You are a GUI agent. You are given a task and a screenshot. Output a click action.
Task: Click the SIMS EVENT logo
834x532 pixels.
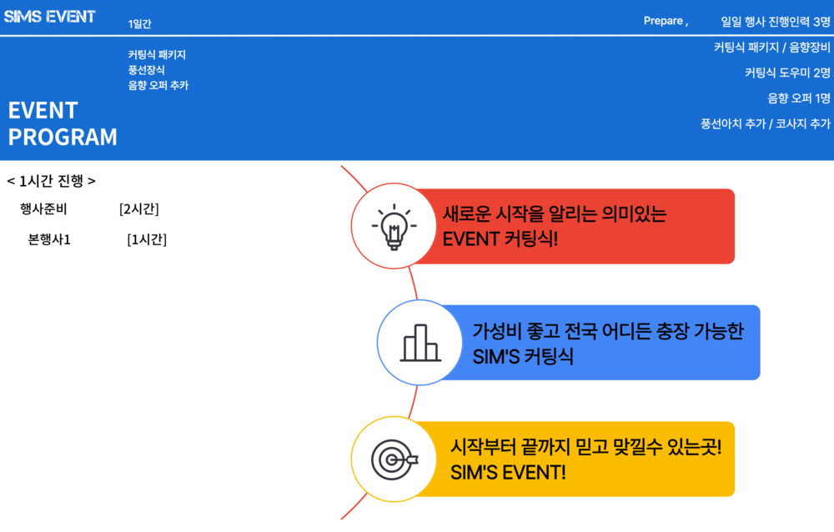[49, 17]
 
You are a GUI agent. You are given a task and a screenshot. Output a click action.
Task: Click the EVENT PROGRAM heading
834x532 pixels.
[63, 123]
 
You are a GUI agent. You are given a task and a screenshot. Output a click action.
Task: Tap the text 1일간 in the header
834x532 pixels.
[139, 23]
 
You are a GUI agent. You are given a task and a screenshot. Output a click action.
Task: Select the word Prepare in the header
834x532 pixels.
[663, 21]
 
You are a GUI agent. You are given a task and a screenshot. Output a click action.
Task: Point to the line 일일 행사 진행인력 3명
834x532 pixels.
[776, 22]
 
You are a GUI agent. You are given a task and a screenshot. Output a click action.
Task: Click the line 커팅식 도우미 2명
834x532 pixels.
[787, 73]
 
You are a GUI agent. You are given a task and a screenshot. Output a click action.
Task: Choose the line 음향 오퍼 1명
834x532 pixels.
[799, 98]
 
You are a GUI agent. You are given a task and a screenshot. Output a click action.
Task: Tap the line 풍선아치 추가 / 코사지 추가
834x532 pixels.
[766, 123]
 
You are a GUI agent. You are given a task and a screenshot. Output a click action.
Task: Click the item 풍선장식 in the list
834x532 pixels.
[146, 70]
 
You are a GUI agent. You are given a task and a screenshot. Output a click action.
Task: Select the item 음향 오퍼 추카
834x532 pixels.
[158, 85]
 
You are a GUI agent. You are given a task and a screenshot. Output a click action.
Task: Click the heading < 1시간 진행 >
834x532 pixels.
[51, 181]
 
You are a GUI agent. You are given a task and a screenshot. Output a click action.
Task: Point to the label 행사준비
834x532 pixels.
[43, 208]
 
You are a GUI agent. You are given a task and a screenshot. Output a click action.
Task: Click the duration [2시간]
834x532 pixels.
[138, 208]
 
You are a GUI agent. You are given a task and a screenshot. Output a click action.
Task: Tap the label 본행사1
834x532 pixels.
[49, 239]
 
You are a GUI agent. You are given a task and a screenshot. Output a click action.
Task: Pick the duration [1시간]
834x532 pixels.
[147, 239]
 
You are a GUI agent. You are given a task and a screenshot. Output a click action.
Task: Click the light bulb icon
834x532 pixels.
[394, 227]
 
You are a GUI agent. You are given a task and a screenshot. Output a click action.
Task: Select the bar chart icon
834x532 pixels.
[420, 344]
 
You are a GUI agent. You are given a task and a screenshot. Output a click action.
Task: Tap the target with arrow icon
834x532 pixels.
[394, 459]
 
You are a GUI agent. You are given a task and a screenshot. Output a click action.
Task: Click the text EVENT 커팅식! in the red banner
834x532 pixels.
[500, 238]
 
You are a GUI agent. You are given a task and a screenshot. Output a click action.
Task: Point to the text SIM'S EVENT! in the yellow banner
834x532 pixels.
[508, 472]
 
